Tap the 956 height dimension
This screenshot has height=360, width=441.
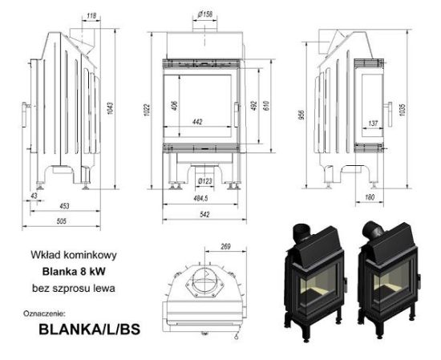click(301, 113)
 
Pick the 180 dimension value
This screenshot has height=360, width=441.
click(370, 196)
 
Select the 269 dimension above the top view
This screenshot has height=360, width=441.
click(225, 247)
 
